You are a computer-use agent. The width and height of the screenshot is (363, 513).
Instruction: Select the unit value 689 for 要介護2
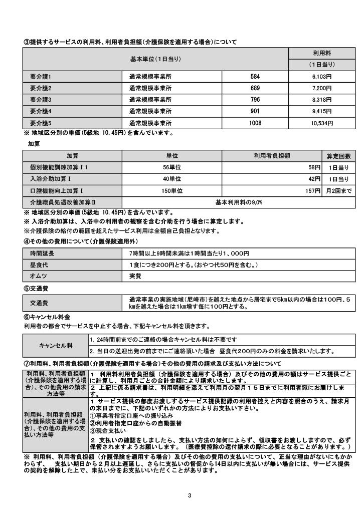coord(255,88)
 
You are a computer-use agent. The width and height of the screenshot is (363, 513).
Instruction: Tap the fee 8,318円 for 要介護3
coord(322,99)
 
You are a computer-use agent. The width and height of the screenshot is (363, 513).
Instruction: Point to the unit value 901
coord(255,111)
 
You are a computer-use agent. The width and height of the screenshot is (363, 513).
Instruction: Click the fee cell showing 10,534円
coord(321,122)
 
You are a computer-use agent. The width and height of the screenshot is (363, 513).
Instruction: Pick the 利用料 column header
coord(321,53)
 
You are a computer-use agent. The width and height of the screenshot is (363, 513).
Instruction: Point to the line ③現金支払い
coord(108,430)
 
